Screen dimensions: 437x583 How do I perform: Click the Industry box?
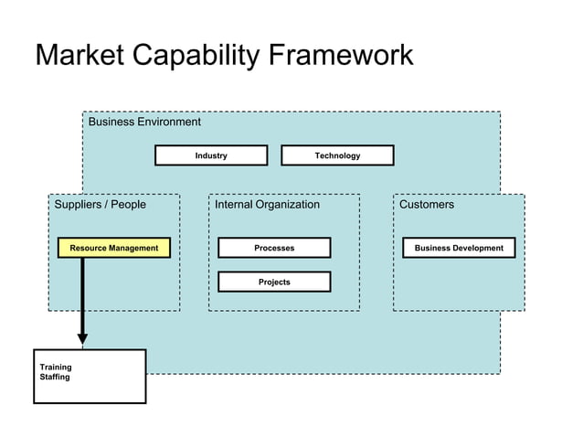coord(211,155)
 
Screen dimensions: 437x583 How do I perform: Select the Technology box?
coord(337,155)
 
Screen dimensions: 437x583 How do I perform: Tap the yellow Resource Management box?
coord(113,248)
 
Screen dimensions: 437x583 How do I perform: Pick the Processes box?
coord(274,248)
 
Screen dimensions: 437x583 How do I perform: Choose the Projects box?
coord(274,282)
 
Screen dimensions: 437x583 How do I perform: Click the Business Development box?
coord(459,248)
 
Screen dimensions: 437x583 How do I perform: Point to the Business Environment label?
coord(144,122)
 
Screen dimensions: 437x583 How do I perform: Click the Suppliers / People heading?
coord(101,205)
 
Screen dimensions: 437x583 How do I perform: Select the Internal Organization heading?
coord(267,205)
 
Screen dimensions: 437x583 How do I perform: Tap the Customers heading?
coord(427,205)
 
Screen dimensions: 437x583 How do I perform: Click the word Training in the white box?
coord(56,368)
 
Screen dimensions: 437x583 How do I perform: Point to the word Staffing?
coord(55,377)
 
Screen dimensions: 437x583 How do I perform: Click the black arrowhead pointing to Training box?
coord(82,339)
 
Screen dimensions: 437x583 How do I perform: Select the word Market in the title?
coord(80,56)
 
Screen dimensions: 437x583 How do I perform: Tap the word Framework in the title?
coord(341,56)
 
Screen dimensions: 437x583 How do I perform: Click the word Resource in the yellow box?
coord(90,248)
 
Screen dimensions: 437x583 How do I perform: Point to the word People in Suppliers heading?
coord(129,205)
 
